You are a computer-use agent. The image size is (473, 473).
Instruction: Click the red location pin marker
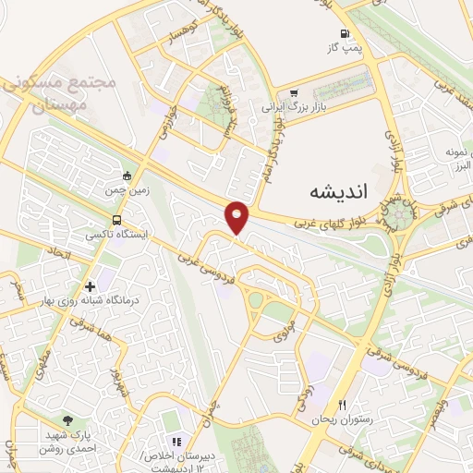pyautogui.click(x=237, y=216)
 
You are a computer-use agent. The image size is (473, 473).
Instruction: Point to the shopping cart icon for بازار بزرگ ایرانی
pyautogui.click(x=294, y=92)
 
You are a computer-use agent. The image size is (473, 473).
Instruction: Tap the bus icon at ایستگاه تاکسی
pyautogui.click(x=116, y=221)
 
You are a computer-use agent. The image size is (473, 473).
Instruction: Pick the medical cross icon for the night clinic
pyautogui.click(x=91, y=285)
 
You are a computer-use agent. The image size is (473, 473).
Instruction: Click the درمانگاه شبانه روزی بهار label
pyautogui.click(x=90, y=301)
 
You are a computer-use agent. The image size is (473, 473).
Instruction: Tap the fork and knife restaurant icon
pyautogui.click(x=343, y=405)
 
